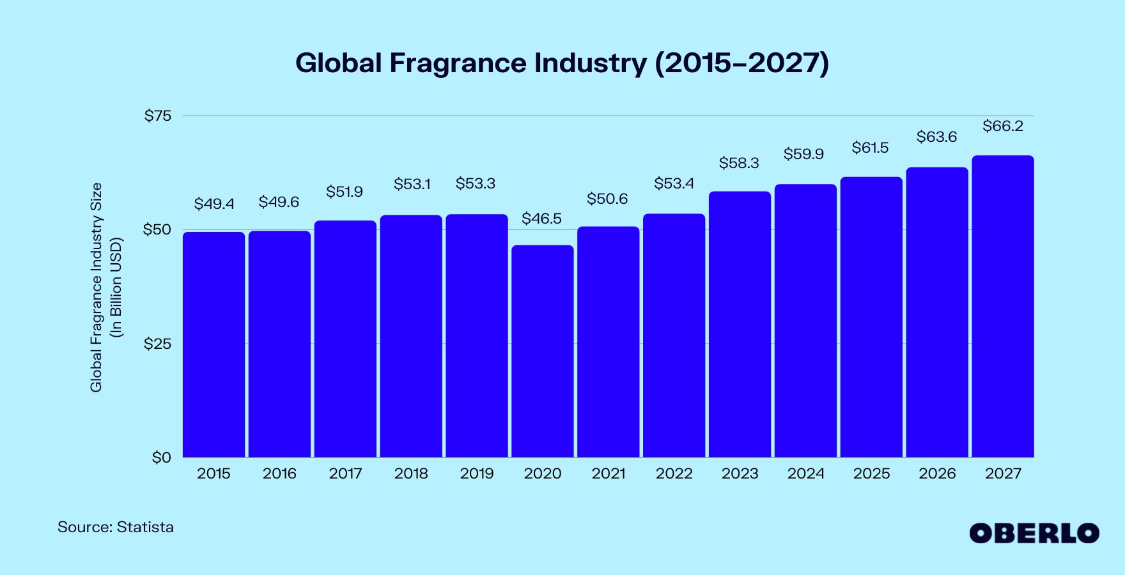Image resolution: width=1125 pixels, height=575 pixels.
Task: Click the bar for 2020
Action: [542, 351]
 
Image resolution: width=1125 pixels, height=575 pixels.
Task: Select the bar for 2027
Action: [1002, 307]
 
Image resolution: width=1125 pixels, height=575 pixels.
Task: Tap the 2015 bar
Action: [213, 345]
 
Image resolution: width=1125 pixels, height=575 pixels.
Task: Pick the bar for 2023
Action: [740, 325]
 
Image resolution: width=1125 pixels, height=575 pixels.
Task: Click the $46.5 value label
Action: [541, 218]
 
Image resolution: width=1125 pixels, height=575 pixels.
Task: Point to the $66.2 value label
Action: [1002, 126]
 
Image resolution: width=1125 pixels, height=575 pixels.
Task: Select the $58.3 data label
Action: [739, 163]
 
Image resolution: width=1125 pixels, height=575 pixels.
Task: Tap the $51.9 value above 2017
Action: [345, 192]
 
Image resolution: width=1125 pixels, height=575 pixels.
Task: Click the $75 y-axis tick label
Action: [158, 116]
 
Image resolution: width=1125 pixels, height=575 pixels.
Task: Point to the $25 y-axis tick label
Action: [157, 344]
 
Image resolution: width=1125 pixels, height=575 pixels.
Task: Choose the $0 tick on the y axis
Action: [161, 457]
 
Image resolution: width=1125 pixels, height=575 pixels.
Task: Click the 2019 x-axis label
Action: [477, 473]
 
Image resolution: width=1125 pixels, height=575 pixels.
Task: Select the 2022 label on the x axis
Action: [674, 473]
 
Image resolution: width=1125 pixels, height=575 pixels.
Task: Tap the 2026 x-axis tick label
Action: [937, 473]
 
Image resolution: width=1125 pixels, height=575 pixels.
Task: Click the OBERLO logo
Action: [1034, 533]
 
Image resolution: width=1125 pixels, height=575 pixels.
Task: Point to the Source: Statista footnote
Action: [116, 527]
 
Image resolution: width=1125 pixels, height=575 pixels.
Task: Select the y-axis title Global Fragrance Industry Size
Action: [96, 287]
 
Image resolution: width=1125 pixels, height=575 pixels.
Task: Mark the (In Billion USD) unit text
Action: [116, 287]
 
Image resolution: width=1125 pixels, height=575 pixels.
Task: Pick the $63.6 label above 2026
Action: [936, 137]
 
